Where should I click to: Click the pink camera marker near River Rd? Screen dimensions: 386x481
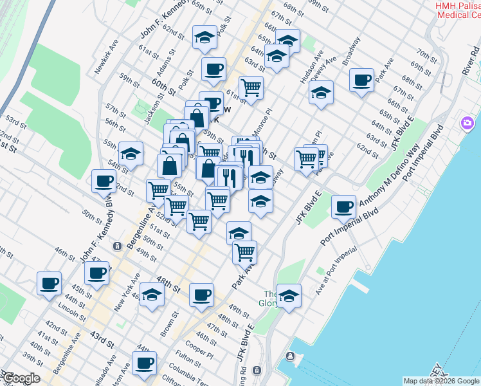tap(467, 123)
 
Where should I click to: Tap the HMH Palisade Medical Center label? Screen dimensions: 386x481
tap(457, 10)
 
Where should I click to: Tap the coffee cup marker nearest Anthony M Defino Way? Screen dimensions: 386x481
tap(344, 207)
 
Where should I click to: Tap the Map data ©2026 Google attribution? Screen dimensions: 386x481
tap(440, 381)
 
